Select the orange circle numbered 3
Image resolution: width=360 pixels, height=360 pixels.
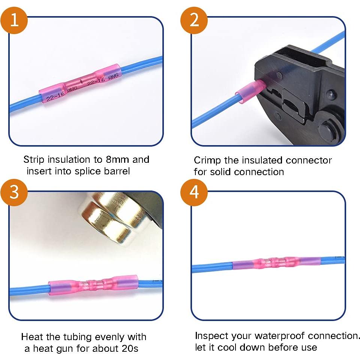(x=15, y=192)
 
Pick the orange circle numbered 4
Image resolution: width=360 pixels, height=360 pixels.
(x=194, y=192)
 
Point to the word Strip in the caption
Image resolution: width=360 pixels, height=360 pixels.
(x=34, y=160)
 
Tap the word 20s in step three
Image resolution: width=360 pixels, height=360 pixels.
(x=130, y=348)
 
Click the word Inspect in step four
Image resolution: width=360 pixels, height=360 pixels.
(x=211, y=336)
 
